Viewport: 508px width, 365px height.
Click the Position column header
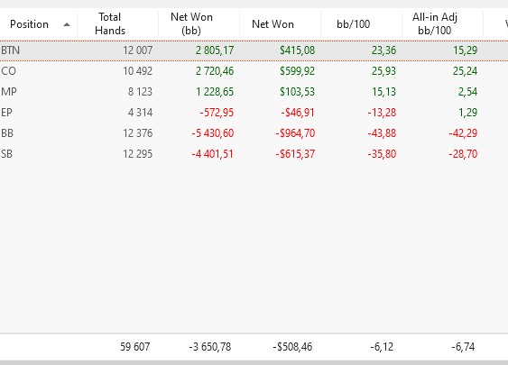(29, 24)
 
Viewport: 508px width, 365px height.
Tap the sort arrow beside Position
(67, 24)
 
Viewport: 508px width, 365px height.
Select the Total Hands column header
(110, 23)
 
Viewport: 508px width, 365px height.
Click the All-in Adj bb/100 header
(434, 23)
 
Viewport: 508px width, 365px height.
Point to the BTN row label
(10, 50)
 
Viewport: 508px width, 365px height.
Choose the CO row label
(8, 71)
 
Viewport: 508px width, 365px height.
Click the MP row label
(9, 92)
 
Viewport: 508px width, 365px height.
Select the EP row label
(7, 113)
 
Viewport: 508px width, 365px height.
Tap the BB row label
(7, 133)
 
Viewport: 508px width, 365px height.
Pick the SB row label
(7, 154)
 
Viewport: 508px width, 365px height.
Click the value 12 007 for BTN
(138, 50)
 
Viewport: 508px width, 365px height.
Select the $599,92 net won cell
(298, 71)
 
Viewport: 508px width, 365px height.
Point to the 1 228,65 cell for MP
(215, 92)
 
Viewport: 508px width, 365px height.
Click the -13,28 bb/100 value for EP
(382, 113)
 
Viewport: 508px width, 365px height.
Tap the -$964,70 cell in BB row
(295, 133)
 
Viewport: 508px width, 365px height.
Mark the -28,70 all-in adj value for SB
(463, 154)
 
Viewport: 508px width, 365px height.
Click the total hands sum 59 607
(135, 347)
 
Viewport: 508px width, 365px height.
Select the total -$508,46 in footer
(292, 347)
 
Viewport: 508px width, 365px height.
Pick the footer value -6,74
(463, 347)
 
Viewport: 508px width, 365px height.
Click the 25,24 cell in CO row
(465, 71)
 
